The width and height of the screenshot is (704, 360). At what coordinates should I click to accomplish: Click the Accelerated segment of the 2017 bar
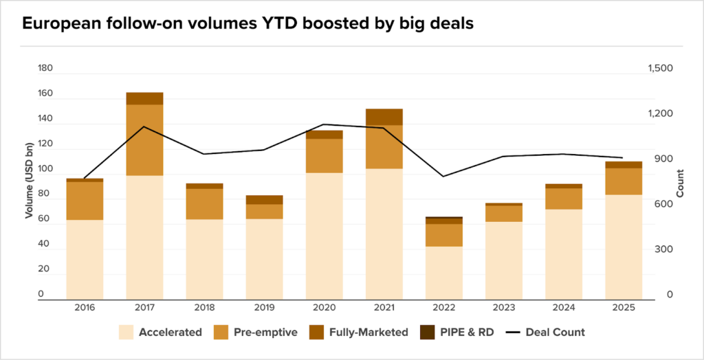click(x=144, y=237)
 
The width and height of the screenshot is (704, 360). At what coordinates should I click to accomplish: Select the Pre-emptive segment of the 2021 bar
click(x=384, y=147)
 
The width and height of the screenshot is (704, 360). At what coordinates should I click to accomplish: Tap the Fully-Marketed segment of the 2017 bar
click(x=144, y=98)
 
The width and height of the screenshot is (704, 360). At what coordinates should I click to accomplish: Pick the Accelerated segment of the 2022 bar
click(x=444, y=272)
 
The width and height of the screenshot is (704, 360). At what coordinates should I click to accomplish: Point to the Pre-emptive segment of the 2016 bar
click(x=85, y=201)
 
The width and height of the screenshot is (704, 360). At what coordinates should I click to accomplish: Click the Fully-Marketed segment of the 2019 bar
click(x=264, y=200)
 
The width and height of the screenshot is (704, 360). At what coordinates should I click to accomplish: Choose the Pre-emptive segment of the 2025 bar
click(x=624, y=181)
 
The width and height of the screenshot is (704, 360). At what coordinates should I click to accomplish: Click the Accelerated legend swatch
click(x=126, y=333)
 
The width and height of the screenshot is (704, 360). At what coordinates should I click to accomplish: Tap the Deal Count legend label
click(x=555, y=333)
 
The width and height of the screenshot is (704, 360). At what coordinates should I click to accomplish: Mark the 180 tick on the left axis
click(x=45, y=69)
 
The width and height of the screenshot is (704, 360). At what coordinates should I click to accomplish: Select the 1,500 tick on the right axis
click(x=661, y=69)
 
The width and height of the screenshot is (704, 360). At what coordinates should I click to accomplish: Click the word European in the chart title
click(x=58, y=24)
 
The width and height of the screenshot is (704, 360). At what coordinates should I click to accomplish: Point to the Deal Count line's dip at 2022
click(x=443, y=177)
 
